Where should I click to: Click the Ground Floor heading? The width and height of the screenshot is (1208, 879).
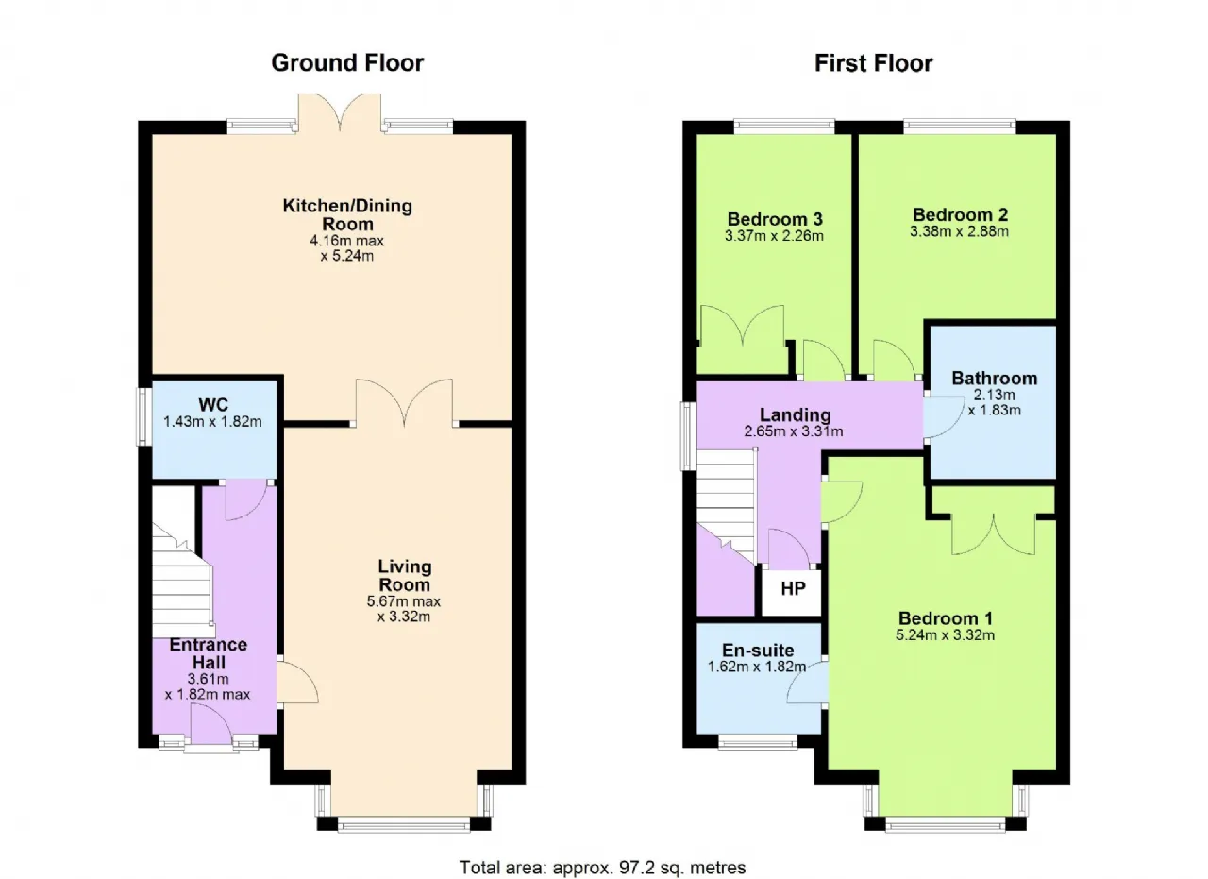tap(347, 63)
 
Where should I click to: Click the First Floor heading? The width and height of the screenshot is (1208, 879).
tap(874, 63)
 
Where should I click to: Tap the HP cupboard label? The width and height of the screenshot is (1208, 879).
tap(793, 588)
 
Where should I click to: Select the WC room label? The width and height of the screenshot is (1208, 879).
tap(213, 404)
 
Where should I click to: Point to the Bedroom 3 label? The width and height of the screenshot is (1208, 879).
tap(775, 219)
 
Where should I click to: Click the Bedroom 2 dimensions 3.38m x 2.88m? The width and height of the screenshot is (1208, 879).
tap(960, 231)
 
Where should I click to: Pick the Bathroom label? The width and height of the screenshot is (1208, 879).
tap(995, 379)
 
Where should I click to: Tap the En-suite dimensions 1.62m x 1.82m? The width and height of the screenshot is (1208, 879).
tap(757, 667)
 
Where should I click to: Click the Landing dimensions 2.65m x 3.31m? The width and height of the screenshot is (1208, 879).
tap(794, 431)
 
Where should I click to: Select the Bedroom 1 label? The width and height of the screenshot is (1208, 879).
tap(946, 617)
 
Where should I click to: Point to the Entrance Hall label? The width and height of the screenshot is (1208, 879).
tap(209, 653)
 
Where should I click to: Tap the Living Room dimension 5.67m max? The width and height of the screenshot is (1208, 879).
tap(404, 601)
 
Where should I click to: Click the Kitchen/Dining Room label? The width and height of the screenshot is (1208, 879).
tap(347, 214)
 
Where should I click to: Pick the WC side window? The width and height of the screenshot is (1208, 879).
tap(143, 416)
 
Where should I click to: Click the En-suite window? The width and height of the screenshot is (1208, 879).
tap(758, 743)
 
